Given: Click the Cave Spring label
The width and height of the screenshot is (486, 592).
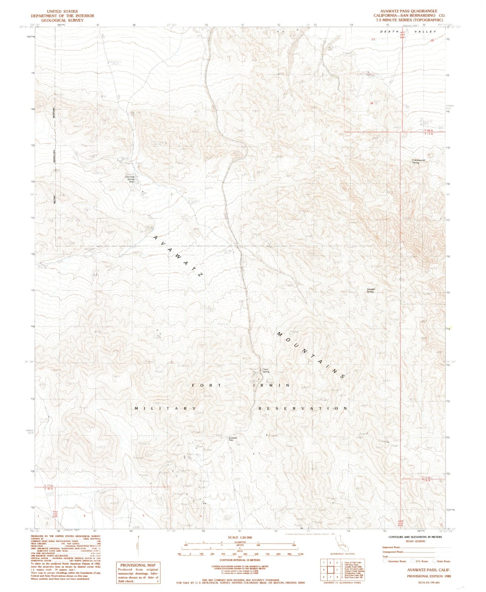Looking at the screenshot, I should [266, 370].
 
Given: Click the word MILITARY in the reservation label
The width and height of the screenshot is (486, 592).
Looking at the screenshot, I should [165, 408].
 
